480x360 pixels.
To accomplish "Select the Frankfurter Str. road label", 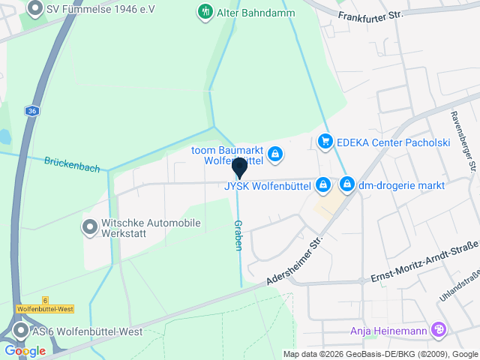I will coord(370,13).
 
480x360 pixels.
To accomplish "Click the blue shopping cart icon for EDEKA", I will coord(325,140).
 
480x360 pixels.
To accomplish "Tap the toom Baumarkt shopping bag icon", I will coord(275,154).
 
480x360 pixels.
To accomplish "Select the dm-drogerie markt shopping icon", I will coord(346,184).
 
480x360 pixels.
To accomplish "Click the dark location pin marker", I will coord(239,168).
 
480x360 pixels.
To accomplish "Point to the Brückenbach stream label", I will coord(72,164).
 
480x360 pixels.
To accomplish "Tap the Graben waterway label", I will coord(238,235).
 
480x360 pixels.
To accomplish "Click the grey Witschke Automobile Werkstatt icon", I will coord(90,226).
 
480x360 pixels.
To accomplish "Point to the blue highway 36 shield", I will coord(31,110).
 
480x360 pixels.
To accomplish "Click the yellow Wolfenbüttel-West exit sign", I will coord(46,308).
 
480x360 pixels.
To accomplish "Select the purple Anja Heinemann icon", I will coord(439,330).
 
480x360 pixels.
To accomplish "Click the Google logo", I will coord(24,351).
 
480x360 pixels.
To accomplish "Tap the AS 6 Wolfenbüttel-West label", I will coord(87,331).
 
